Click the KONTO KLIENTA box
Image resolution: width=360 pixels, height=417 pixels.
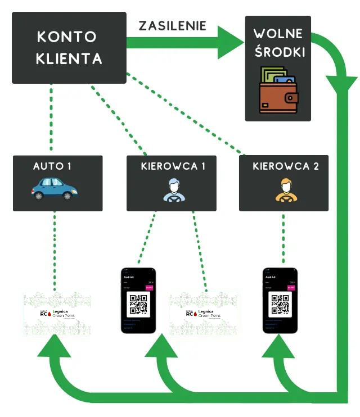pyautogui.click(x=69, y=48)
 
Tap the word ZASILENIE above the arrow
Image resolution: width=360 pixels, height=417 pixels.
pyautogui.click(x=173, y=26)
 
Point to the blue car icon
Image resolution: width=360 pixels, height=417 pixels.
pyautogui.click(x=55, y=189)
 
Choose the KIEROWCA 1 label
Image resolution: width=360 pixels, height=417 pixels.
pyautogui.click(x=170, y=166)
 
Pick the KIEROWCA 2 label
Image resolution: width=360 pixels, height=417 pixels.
pyautogui.click(x=285, y=166)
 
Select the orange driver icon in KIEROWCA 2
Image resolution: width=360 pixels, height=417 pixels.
pyautogui.click(x=285, y=190)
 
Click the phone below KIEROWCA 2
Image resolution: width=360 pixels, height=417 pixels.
pyautogui.click(x=280, y=301)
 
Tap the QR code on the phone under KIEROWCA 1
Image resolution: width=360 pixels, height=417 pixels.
pyautogui.click(x=138, y=303)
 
